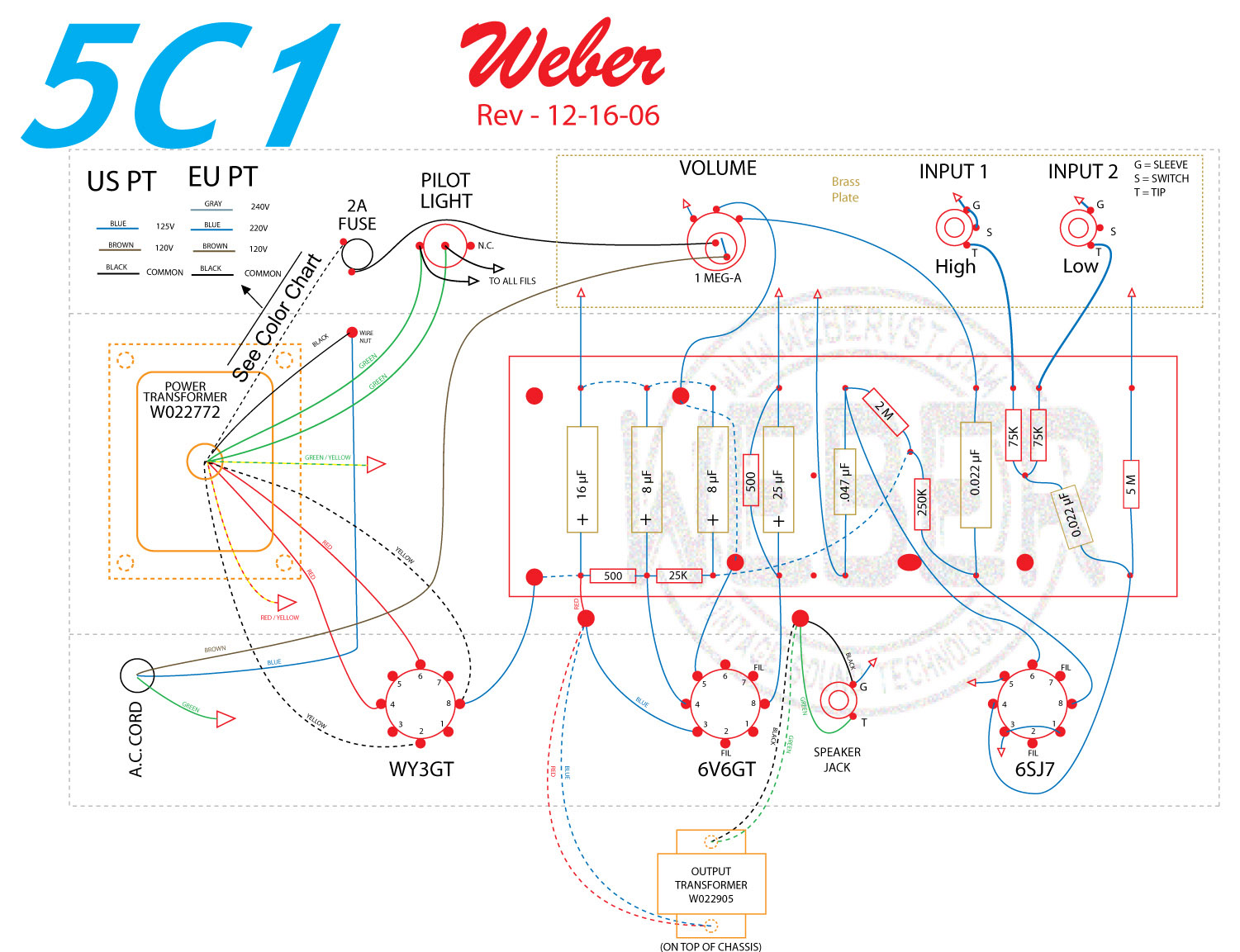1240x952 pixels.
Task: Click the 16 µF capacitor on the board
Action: (582, 479)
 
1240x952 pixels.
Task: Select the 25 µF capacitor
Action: (778, 479)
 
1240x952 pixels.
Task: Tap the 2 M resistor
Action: (885, 411)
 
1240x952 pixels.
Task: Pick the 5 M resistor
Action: (1131, 484)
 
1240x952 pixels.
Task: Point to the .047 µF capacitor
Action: (844, 481)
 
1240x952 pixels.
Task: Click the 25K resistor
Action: (678, 575)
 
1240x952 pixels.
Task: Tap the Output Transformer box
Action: (711, 883)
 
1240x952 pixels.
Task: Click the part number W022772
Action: (185, 412)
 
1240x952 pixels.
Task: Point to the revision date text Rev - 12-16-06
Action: (568, 116)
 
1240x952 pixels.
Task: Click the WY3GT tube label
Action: (421, 770)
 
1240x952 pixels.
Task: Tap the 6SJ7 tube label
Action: (1034, 770)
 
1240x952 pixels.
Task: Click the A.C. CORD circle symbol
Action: (137, 675)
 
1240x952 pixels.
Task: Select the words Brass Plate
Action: (845, 189)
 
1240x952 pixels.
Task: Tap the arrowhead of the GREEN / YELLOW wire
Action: (376, 465)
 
